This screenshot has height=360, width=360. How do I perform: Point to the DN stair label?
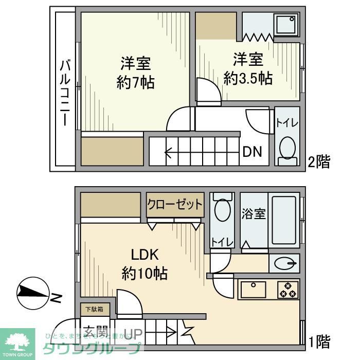pyautogui.click(x=253, y=152)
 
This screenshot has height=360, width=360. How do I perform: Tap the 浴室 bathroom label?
pyautogui.click(x=254, y=213)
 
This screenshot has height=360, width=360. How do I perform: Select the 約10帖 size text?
pyautogui.click(x=145, y=273)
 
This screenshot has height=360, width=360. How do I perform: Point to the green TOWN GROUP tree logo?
pyautogui.click(x=17, y=340)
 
